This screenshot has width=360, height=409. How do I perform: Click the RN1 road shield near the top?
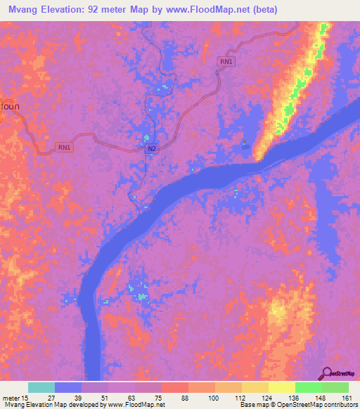226,63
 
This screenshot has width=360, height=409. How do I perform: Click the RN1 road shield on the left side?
65,147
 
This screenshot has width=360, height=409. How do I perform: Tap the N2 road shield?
152,150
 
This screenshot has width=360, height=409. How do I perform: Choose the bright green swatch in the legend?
308,387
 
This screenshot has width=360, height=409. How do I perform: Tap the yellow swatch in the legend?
281,387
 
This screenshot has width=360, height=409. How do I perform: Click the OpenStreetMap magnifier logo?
326,374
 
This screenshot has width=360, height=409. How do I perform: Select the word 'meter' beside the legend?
11,397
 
